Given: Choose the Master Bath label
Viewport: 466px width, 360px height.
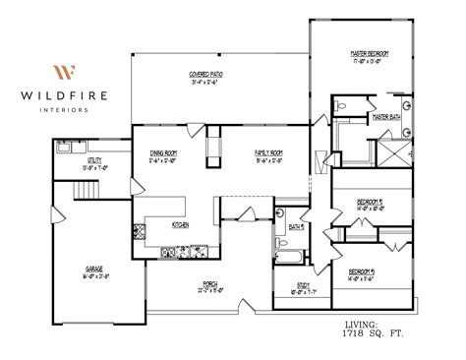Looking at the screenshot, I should tap(384, 116).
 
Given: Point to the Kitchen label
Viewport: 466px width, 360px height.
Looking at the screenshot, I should tap(180, 225).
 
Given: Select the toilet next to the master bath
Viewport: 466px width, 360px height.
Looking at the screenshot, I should tap(339, 104).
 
